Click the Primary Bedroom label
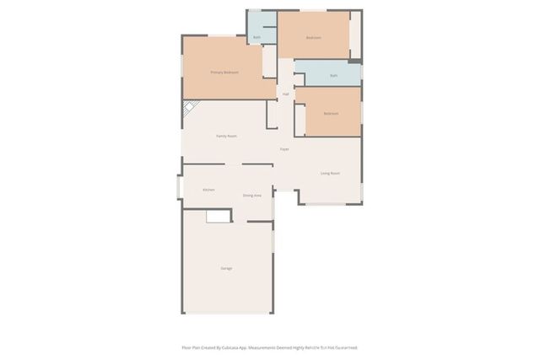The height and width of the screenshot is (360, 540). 224,73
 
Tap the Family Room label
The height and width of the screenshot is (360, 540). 226,136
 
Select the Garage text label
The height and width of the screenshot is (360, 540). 226,268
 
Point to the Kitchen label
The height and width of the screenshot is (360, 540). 208,190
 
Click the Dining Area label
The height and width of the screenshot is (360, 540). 251,196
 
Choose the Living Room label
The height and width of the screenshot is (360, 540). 330,173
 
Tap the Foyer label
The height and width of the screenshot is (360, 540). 285,149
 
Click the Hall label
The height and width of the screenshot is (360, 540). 285,94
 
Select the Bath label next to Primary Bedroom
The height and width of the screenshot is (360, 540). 256,37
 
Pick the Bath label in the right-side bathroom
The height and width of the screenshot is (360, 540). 333,76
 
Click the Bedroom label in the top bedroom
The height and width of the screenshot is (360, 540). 313,38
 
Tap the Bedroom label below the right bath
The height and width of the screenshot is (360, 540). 330,113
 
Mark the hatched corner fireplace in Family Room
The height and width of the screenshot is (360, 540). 190,108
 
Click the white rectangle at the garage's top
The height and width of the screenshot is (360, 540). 219,217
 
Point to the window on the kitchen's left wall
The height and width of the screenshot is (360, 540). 178,186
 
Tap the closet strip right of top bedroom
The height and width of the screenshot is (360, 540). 355,35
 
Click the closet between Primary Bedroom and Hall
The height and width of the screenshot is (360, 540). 269,62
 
